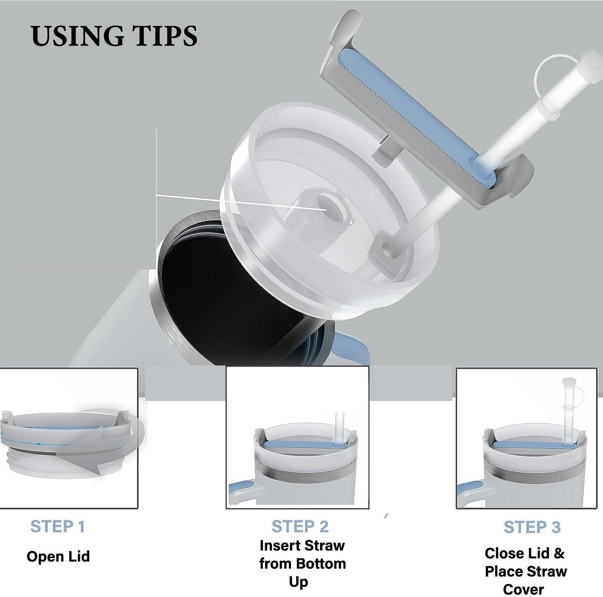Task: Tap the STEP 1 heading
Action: pyautogui.click(x=58, y=526)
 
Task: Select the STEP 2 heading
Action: pyautogui.click(x=300, y=526)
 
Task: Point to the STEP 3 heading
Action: pyautogui.click(x=532, y=527)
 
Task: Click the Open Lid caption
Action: pyautogui.click(x=58, y=556)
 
